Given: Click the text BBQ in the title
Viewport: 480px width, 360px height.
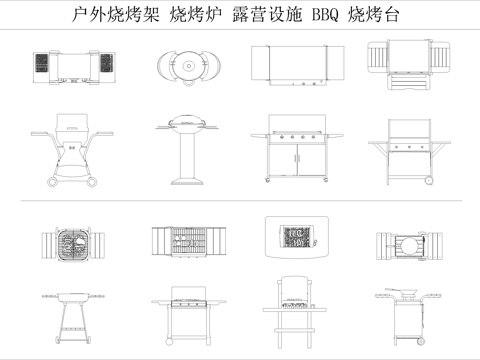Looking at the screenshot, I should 326,16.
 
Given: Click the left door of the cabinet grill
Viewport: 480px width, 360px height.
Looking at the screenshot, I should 283,161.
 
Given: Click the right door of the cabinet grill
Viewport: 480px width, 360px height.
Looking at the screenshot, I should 311,161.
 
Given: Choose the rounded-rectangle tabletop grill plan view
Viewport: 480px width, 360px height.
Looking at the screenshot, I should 296,240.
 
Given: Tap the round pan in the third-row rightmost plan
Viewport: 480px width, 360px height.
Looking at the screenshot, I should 409,243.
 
